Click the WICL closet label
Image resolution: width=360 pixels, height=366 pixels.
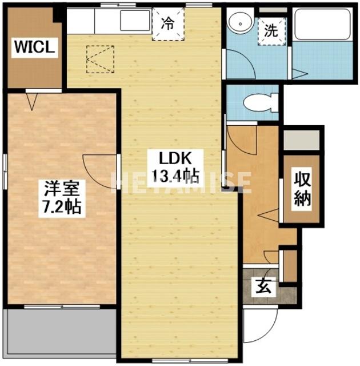[x=34, y=47]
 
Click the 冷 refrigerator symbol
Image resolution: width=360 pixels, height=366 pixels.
[x=167, y=24]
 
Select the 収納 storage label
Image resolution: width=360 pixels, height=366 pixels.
[x=303, y=189]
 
